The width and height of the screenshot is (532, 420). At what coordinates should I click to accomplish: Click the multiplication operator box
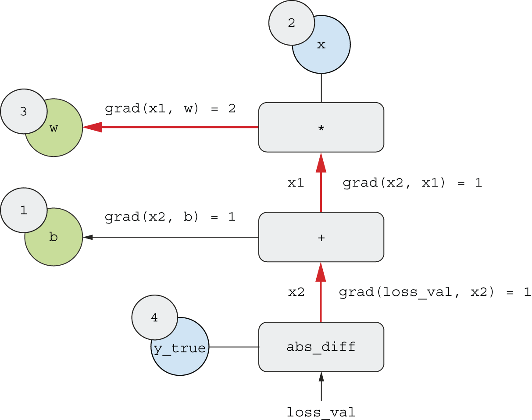tap(321, 127)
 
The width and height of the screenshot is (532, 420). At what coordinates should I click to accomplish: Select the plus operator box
tap(321, 237)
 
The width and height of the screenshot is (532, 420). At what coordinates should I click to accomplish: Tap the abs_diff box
tap(321, 347)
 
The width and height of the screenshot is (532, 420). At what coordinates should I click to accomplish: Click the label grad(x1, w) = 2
tap(170, 108)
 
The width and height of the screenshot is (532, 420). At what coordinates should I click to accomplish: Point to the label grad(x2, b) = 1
tap(170, 217)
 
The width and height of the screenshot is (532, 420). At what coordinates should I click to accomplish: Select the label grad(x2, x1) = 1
tap(412, 183)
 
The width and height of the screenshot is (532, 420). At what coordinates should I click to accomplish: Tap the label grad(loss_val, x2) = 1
tap(435, 292)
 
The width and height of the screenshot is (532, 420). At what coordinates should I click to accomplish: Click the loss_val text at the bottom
tap(321, 412)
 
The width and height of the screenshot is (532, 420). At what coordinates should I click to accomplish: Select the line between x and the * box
tap(321, 88)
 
